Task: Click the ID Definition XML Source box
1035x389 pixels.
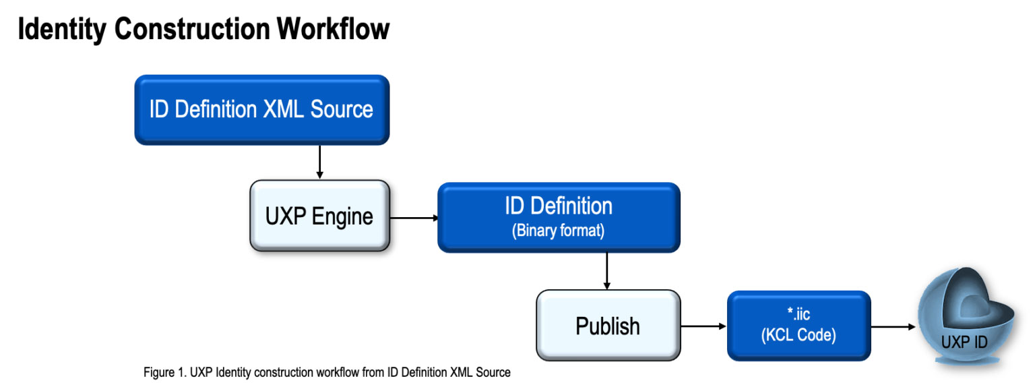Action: pyautogui.click(x=261, y=110)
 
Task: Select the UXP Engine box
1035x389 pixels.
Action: pyautogui.click(x=319, y=216)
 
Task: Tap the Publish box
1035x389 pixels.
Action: pyautogui.click(x=608, y=326)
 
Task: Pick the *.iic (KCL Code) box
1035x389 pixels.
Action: pyautogui.click(x=798, y=326)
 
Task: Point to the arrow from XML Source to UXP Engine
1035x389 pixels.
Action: pyautogui.click(x=319, y=162)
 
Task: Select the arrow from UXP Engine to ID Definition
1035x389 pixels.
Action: pyautogui.click(x=414, y=218)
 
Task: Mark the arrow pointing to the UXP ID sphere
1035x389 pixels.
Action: pyautogui.click(x=893, y=327)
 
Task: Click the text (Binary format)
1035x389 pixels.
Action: pyautogui.click(x=559, y=231)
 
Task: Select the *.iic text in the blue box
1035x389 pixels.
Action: pyautogui.click(x=798, y=313)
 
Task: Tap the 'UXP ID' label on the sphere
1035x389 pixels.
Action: pyautogui.click(x=964, y=342)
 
